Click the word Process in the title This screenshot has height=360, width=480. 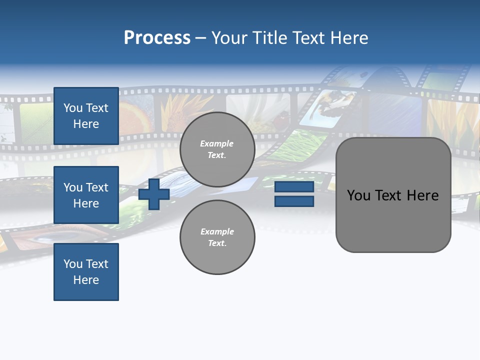(157, 38)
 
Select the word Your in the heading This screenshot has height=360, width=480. (229, 38)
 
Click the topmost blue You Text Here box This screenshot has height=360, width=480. (86, 116)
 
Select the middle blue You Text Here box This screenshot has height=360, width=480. (86, 195)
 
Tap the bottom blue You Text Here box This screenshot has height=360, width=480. (86, 271)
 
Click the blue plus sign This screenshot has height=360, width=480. (154, 194)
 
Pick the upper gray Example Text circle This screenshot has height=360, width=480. (217, 149)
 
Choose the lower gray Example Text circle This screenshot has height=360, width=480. (217, 237)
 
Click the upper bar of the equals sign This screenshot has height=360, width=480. (294, 187)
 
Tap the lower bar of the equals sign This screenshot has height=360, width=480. (294, 201)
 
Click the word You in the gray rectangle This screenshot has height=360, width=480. (358, 195)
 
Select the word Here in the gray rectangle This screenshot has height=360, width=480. (422, 195)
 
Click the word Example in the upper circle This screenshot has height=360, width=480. (216, 143)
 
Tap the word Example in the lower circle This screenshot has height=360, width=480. (216, 231)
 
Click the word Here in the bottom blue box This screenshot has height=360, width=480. (86, 280)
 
